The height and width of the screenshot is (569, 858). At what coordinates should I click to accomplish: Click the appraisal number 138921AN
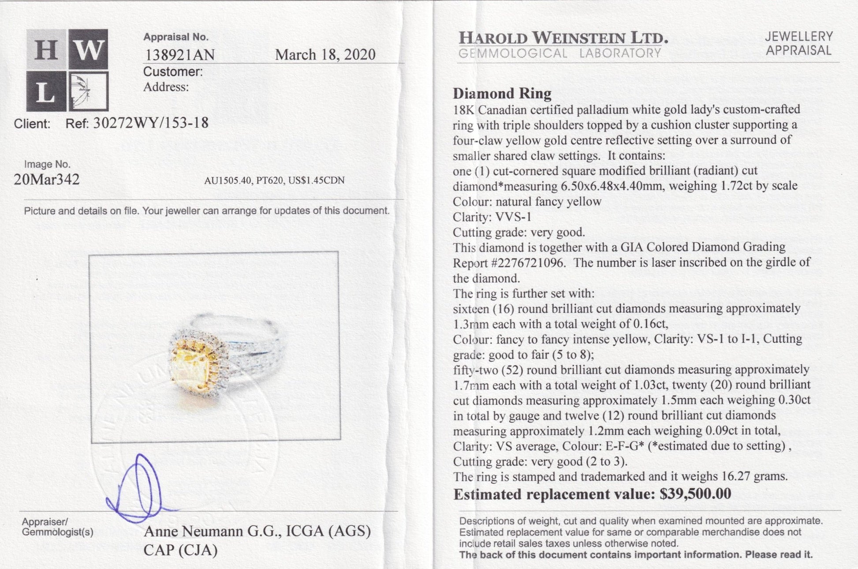click(179, 55)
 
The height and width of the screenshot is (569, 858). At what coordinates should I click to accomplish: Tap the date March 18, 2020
click(325, 55)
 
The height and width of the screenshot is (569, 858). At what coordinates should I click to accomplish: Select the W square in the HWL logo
click(88, 49)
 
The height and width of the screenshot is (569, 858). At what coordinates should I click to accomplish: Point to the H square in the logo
click(46, 49)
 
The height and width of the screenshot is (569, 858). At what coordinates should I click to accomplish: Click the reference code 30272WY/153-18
click(150, 123)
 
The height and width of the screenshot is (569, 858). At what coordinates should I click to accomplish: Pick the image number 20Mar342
click(47, 180)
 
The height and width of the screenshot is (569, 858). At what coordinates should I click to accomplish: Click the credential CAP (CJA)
click(180, 550)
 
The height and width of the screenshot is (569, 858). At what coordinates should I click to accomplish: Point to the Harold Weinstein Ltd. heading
click(563, 38)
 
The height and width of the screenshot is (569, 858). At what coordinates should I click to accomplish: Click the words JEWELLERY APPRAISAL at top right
click(798, 43)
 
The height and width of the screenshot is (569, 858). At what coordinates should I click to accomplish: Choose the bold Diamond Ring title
click(502, 94)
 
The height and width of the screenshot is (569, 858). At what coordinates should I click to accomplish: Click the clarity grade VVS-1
click(514, 217)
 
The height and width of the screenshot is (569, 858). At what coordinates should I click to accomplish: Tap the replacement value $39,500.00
click(695, 494)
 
